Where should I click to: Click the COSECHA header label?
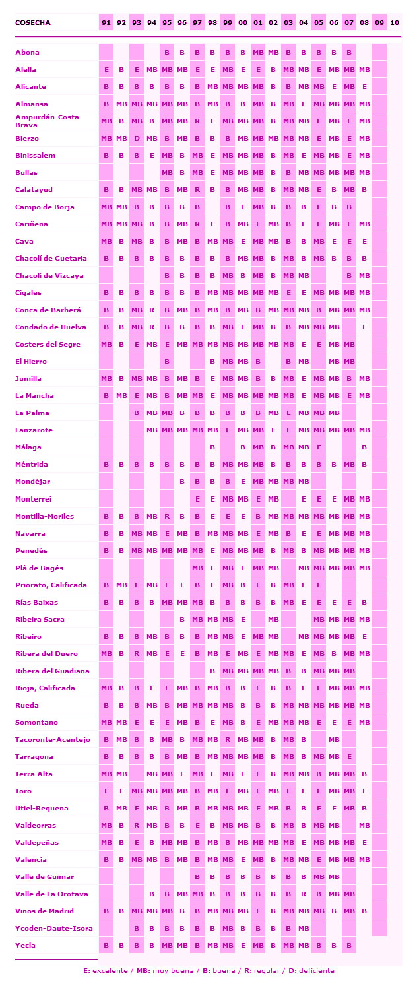[x=33, y=23]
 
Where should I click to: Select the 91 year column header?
[x=106, y=23]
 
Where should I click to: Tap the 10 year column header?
[x=395, y=23]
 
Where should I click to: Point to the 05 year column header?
[x=319, y=23]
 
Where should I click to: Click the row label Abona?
[x=26, y=52]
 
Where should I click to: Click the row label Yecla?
[x=25, y=945]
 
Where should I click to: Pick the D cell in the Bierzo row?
[x=137, y=139]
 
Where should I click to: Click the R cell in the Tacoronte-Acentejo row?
[x=228, y=739]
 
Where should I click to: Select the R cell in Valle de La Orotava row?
[x=304, y=894]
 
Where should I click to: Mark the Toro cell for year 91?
[x=106, y=791]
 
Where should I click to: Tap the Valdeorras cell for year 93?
[x=137, y=825]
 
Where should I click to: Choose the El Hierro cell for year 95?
[x=167, y=362]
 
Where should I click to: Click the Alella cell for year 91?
[x=106, y=69]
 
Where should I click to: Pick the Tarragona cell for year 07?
[x=349, y=756]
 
